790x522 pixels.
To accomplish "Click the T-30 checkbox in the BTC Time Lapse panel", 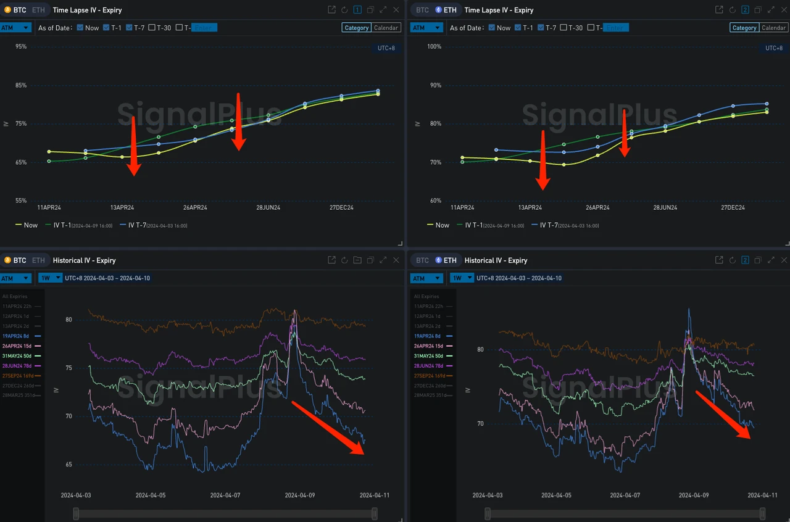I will [x=152, y=28].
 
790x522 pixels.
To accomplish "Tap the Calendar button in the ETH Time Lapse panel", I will [x=773, y=28].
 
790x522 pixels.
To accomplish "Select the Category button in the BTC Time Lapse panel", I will [x=356, y=28].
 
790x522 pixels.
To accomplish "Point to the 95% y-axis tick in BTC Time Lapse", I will [x=21, y=47].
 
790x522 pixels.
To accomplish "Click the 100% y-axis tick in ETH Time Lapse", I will [x=434, y=47].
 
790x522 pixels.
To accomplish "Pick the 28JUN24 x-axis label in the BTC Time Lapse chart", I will [x=268, y=208].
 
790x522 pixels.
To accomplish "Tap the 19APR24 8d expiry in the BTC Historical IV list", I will [x=16, y=336].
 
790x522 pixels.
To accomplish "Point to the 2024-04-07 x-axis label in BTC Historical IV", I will [x=225, y=495].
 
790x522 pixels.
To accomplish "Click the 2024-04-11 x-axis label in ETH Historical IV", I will [x=762, y=495].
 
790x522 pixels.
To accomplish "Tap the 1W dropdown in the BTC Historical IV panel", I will [x=50, y=278].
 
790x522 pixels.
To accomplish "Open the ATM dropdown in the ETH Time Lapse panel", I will [x=426, y=28].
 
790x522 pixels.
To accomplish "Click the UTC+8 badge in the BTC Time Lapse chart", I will [x=386, y=48].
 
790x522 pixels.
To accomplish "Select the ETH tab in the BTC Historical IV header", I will [x=38, y=260].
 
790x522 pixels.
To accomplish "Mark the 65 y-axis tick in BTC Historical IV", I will [x=69, y=465].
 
